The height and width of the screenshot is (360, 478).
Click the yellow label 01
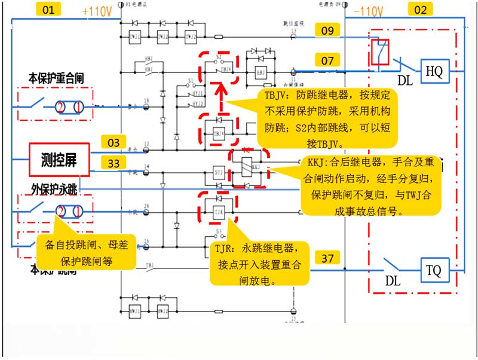tap(50, 10)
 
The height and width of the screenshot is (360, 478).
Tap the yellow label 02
tap(421, 10)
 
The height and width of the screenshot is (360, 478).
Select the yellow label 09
tap(327, 30)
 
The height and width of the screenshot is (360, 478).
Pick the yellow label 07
tap(327, 60)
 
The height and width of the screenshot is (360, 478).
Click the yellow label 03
tap(114, 142)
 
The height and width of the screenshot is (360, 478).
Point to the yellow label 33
tap(114, 162)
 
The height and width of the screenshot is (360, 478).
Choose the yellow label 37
tap(327, 258)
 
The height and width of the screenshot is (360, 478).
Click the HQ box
tap(434, 72)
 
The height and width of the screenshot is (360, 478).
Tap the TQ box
tap(434, 270)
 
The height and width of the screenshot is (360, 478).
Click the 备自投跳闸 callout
tap(90, 252)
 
